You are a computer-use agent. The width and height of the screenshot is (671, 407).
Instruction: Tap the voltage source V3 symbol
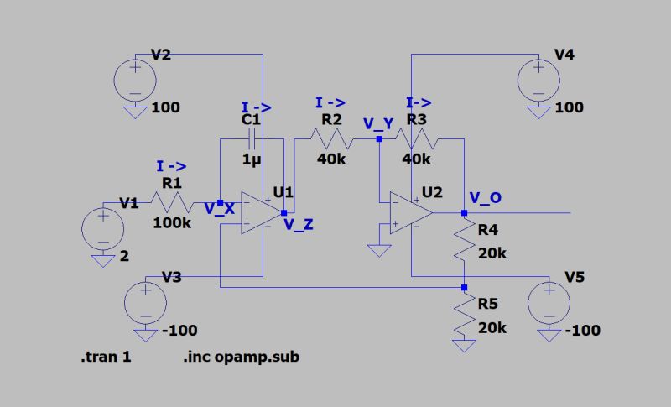(x=145, y=301)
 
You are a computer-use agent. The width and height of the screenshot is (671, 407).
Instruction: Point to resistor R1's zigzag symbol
(x=171, y=201)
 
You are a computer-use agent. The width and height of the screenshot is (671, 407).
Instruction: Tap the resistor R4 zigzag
(x=464, y=243)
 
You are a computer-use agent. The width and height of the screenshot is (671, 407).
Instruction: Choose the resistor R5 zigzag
(x=464, y=316)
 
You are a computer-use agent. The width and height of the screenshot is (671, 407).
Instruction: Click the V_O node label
(x=486, y=198)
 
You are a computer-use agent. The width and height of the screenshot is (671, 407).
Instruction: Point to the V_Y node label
(x=377, y=123)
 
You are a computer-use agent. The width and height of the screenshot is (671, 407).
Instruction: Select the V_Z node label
(x=299, y=224)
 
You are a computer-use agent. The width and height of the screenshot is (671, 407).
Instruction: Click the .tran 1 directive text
(x=107, y=357)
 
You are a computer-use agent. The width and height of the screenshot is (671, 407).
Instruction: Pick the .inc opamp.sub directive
(x=241, y=357)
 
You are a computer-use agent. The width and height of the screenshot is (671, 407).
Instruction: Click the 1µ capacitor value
(x=252, y=159)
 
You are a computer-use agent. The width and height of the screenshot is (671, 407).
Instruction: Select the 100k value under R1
(x=171, y=223)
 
